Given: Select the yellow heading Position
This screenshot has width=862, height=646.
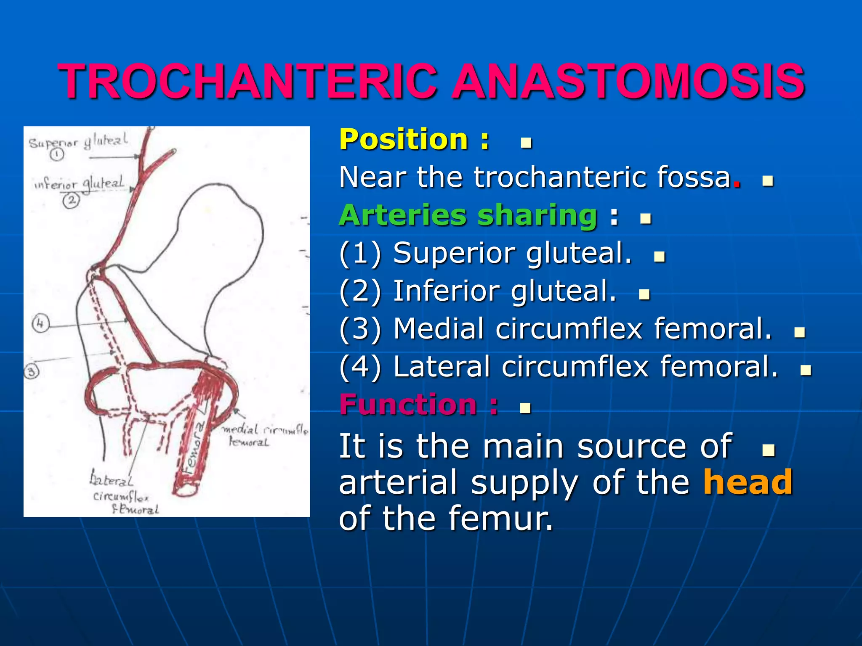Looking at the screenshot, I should pyautogui.click(x=403, y=140).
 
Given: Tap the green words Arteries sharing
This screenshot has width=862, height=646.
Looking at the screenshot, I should pyautogui.click(x=468, y=215).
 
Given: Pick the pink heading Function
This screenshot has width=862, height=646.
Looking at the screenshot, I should pyautogui.click(x=408, y=405).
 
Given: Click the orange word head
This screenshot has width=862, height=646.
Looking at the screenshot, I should pyautogui.click(x=748, y=482).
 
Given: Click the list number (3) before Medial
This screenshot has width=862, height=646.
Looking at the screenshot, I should pyautogui.click(x=360, y=329).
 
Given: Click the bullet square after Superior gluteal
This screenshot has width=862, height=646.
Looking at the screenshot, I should pyautogui.click(x=659, y=257).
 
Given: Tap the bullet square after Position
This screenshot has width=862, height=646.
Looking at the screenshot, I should pyautogui.click(x=526, y=143).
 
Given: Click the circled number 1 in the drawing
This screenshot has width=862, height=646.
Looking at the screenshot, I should pyautogui.click(x=57, y=154).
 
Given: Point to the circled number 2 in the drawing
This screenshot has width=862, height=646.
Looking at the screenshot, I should pyautogui.click(x=71, y=200).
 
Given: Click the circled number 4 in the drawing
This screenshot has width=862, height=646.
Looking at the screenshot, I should pyautogui.click(x=40, y=323).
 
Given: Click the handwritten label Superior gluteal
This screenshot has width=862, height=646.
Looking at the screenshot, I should pyautogui.click(x=78, y=142).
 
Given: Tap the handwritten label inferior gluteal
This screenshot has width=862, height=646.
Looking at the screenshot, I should pyautogui.click(x=79, y=184).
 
